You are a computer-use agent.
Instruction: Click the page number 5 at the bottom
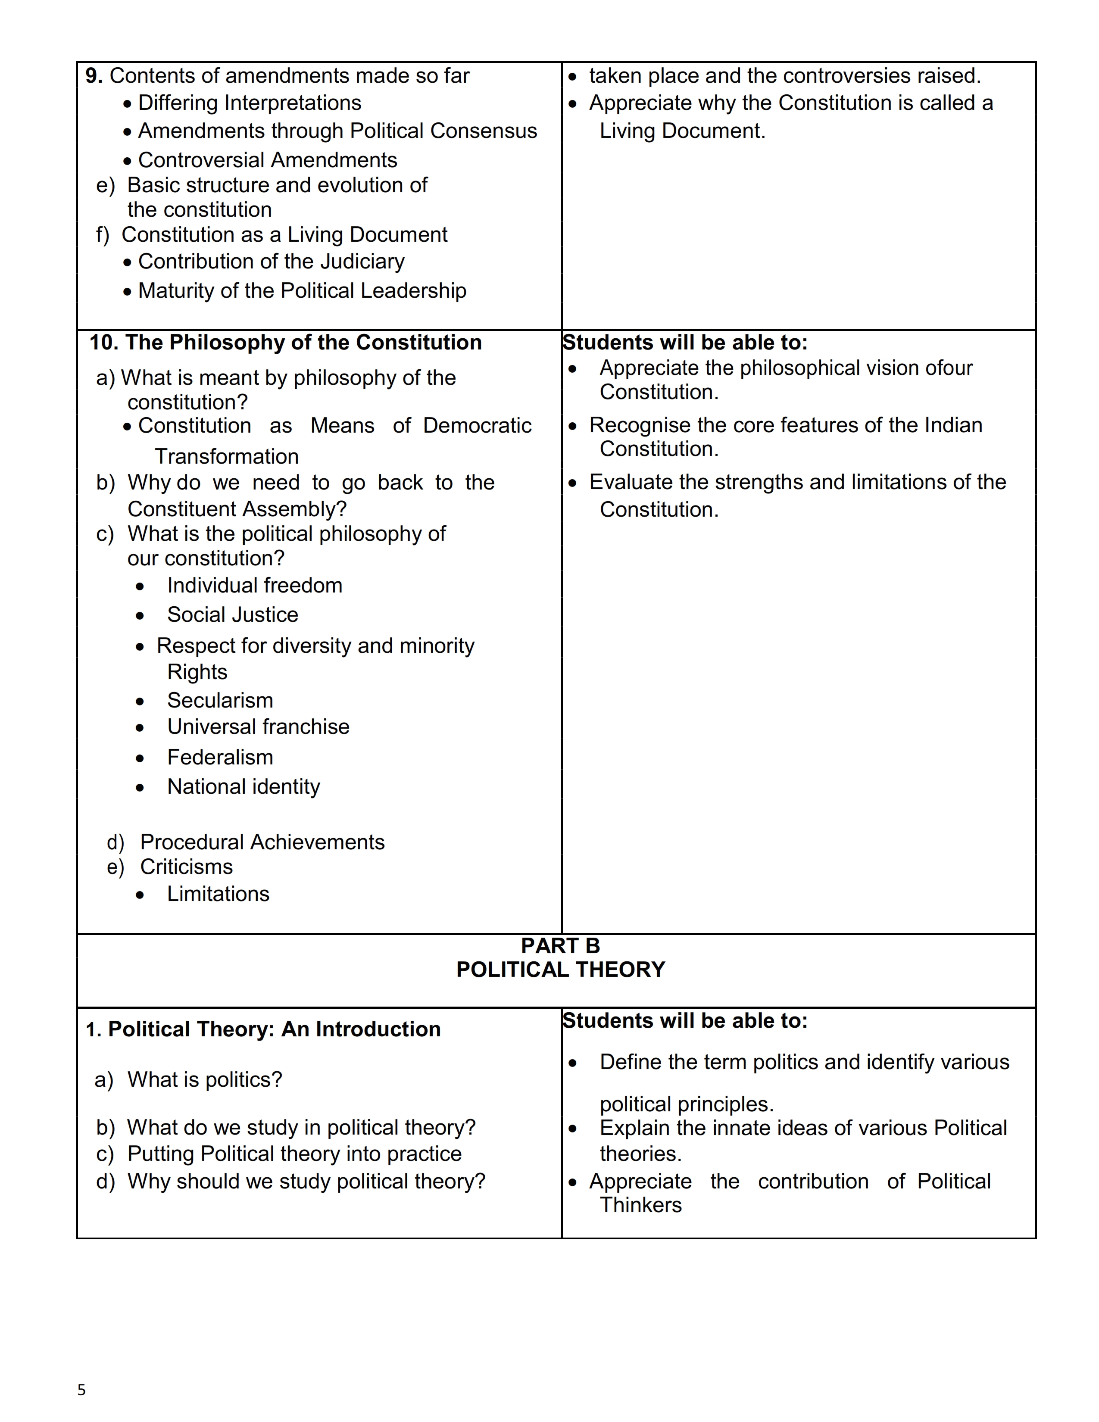pos(81,1389)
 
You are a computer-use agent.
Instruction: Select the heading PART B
pos(560,945)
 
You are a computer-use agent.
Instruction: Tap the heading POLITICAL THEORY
pos(560,970)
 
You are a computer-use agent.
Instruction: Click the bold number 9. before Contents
pos(94,75)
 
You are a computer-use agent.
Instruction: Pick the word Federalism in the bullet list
pos(220,757)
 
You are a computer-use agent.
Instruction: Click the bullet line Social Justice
pos(232,614)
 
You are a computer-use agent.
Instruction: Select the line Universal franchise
pos(258,727)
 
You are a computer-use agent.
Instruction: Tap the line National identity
pos(244,786)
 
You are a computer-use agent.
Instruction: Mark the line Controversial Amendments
pos(267,159)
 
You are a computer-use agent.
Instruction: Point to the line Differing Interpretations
pos(250,103)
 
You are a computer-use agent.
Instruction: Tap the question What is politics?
pos(204,1079)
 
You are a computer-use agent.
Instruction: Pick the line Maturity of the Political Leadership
pos(302,290)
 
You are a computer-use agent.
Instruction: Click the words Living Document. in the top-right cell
pos(682,131)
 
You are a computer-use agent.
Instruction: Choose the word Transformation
pos(227,456)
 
